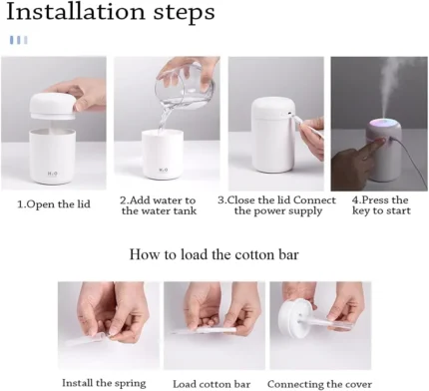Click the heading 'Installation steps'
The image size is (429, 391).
[111, 12]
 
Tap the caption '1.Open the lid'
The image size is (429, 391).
[54, 203]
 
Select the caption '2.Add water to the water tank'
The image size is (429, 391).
[159, 205]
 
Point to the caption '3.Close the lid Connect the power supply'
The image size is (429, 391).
[277, 205]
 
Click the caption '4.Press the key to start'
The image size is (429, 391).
[381, 205]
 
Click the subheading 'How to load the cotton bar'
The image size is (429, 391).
[214, 254]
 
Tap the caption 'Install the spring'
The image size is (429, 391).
[104, 383]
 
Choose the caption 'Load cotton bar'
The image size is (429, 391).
[212, 384]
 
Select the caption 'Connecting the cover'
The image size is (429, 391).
[319, 384]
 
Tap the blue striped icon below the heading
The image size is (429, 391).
[19, 40]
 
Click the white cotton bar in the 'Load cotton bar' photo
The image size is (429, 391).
[205, 330]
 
